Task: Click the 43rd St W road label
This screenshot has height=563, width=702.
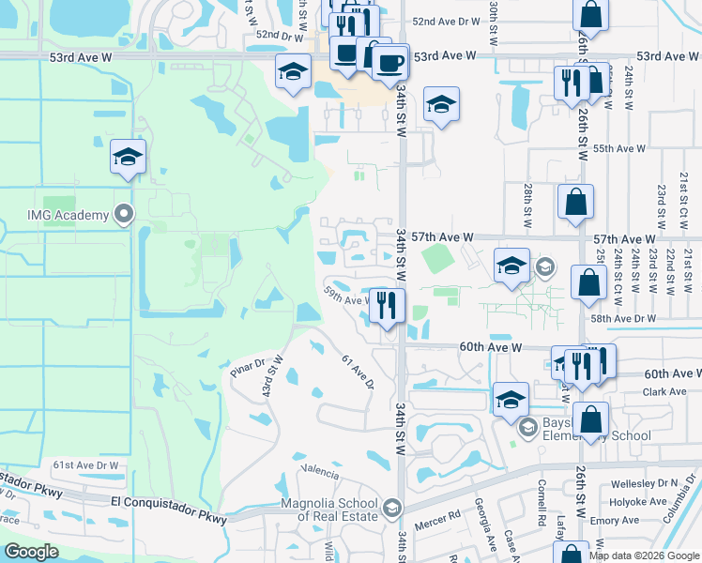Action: pos(273,376)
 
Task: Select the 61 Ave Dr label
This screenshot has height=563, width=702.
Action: pos(358,373)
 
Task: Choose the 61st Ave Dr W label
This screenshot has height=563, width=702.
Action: pos(86,464)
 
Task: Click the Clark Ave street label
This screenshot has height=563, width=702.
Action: pos(665,392)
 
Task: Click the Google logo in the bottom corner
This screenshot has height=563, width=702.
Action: pos(31,551)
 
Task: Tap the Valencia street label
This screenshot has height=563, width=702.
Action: pos(318,468)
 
